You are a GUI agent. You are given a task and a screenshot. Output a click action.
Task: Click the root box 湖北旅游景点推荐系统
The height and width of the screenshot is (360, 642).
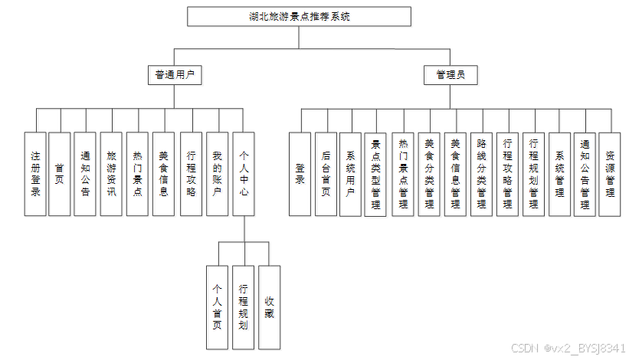(299, 16)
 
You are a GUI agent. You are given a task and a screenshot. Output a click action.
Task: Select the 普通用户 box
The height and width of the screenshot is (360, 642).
(175, 75)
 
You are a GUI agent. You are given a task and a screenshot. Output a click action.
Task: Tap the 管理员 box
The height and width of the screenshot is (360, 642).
(450, 75)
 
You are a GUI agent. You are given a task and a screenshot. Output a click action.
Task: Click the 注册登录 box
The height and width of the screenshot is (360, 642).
(35, 174)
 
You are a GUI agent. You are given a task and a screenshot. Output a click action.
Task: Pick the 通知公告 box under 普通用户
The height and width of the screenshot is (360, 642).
(85, 174)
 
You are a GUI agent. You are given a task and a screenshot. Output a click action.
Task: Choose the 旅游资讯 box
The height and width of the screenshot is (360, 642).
(111, 174)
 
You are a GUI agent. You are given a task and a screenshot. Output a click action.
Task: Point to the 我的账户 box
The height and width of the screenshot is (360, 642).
(217, 174)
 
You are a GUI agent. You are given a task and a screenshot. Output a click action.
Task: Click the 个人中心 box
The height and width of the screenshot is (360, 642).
(244, 174)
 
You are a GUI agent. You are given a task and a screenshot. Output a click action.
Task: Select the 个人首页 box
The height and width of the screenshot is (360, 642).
(217, 308)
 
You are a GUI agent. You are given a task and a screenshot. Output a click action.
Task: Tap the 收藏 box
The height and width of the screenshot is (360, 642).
(270, 308)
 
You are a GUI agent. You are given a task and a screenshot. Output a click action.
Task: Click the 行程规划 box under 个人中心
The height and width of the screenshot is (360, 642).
(243, 308)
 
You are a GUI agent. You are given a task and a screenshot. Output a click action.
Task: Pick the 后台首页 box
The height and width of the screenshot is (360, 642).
(326, 174)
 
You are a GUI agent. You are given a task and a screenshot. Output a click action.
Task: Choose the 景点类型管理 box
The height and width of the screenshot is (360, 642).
(375, 175)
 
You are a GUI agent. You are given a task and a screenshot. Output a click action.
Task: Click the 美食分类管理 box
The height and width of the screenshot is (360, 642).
(429, 174)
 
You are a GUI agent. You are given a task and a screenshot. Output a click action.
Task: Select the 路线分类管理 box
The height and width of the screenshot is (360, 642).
(481, 174)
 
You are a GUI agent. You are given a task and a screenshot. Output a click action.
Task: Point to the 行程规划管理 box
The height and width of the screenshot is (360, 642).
(533, 174)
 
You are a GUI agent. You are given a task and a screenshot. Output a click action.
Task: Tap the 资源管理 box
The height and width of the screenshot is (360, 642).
(610, 174)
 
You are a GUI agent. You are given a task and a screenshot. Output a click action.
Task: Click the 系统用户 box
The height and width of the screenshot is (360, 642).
(350, 174)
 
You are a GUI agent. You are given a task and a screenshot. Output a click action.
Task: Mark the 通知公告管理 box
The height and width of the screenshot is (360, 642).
(585, 174)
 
